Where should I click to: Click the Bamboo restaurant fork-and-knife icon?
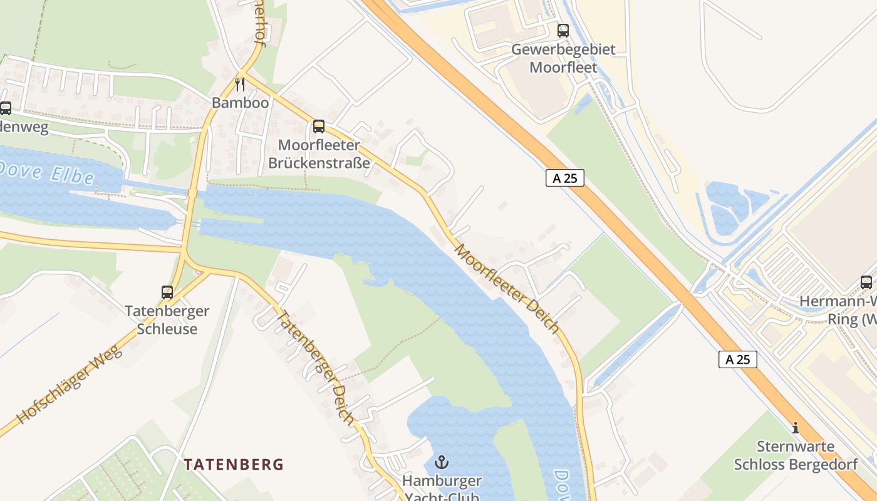coord(240,84)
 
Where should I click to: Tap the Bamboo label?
coord(240,103)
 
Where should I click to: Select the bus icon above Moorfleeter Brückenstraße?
coord(319,127)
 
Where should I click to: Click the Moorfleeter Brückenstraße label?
coord(319,154)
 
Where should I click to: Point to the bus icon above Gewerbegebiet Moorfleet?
coord(563,30)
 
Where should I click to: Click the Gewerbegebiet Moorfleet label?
coord(563,58)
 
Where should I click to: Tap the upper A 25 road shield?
coord(564,178)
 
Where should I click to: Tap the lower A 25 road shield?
coord(737,359)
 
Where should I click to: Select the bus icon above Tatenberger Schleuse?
coord(167,292)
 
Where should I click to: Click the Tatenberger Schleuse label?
coord(167,320)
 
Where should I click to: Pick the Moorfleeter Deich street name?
coord(506,289)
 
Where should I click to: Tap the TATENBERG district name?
coord(234,465)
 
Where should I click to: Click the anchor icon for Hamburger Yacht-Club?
coord(442,463)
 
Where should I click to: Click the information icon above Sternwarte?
coord(796,428)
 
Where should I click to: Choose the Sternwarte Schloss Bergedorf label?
coord(796,455)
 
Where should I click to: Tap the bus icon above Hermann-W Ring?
coord(866,282)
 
